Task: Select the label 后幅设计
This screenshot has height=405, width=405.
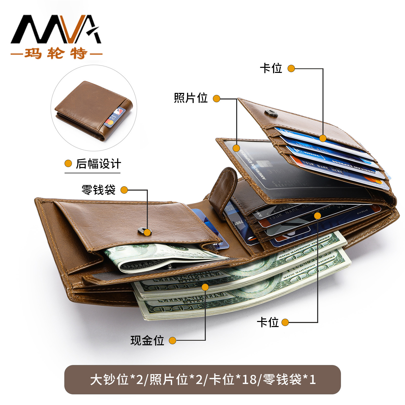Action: coord(98,164)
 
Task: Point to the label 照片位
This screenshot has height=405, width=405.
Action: coord(191,98)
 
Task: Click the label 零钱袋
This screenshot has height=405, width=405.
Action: coord(98,190)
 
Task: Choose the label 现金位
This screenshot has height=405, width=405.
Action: coord(147,340)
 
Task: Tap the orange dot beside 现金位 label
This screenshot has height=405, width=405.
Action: coord(172,340)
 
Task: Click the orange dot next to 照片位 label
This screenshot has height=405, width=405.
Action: coord(216,98)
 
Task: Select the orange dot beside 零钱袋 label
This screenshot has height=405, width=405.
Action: coord(124,190)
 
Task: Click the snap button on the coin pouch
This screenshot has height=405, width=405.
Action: coord(145,231)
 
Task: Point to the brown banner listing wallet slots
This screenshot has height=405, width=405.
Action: coord(202,379)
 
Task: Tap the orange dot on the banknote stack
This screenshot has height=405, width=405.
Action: coord(205,287)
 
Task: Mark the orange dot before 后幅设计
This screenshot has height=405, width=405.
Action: coord(68,164)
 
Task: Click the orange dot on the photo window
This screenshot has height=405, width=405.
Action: coord(236,148)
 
